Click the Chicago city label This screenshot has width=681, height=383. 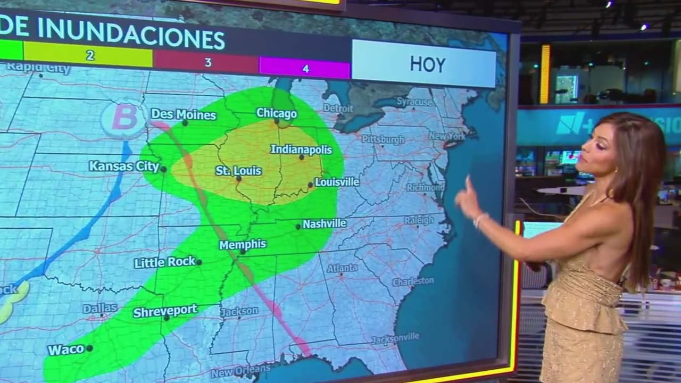pos(276,113)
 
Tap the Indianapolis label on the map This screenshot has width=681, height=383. pos(301,149)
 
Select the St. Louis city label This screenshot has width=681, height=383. pos(238,171)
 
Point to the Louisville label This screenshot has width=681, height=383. pos(337,182)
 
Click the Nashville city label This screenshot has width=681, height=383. pos(325,224)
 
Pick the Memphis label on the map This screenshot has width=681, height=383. pos(243,245)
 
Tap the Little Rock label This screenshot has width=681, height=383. pos(164,262)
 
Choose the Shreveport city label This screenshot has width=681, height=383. pos(165,311)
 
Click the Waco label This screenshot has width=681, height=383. pos(66,349)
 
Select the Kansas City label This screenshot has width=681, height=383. pos(124,166)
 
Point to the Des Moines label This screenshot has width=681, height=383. pos(183,114)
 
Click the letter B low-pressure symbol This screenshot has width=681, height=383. pos(124,118)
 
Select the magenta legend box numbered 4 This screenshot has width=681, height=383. pos(304,68)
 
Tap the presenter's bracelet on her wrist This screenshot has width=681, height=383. pos(479,219)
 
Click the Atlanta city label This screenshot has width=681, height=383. pos(342,269)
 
